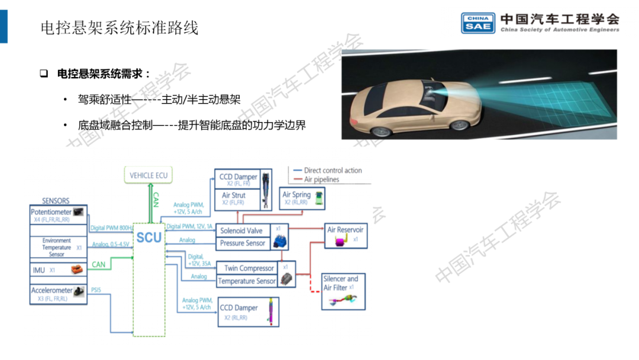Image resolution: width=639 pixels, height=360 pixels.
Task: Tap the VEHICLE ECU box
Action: [x=149, y=175]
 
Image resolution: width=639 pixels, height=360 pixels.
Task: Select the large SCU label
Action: [x=149, y=238]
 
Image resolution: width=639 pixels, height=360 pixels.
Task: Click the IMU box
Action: [x=58, y=270]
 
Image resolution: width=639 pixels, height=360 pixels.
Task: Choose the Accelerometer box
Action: [x=58, y=294]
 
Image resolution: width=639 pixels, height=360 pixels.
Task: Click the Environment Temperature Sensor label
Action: [x=57, y=247]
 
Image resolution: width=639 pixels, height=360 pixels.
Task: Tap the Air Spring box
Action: [x=303, y=198]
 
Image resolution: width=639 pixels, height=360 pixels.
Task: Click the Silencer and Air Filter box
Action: [x=343, y=290]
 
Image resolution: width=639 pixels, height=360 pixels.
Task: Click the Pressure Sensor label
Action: [x=243, y=243]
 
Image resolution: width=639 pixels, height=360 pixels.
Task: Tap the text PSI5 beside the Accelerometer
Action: [x=96, y=290]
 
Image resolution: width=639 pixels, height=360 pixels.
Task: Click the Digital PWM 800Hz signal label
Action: [x=111, y=228]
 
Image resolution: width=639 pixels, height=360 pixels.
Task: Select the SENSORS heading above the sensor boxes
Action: [x=56, y=201]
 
